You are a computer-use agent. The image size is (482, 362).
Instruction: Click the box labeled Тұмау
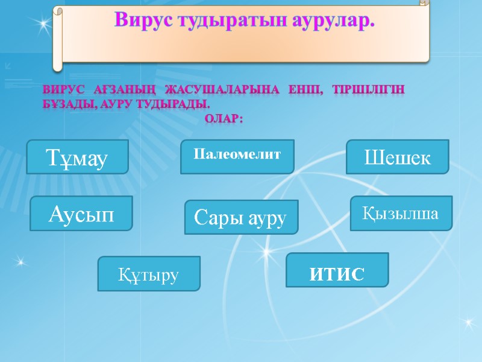(78, 157)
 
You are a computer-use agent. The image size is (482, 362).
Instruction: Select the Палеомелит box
(237, 156)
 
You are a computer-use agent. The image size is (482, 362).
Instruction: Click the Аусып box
(81, 213)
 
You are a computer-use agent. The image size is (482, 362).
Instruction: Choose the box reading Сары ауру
(241, 217)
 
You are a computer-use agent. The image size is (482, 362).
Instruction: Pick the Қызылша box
(401, 213)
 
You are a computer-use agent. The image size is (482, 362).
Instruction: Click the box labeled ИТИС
(337, 270)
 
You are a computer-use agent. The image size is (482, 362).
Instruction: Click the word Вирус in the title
(142, 22)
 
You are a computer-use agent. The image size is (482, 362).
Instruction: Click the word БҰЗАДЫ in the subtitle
(66, 104)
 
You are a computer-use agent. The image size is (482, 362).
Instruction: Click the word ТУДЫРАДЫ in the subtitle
(175, 104)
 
